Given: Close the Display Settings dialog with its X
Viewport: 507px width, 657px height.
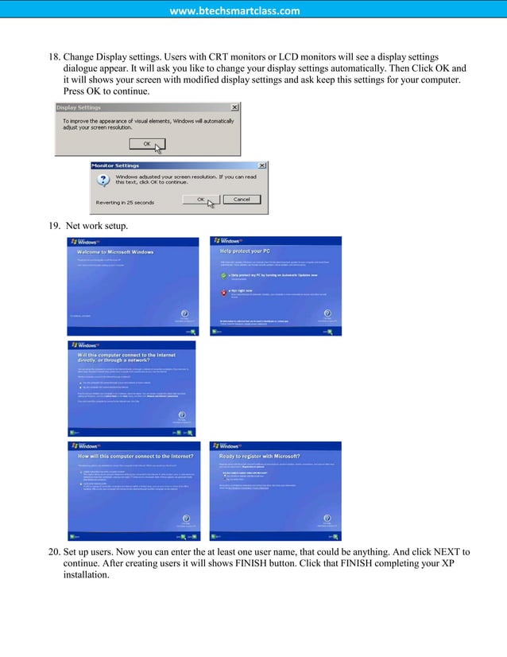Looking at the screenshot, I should click(x=234, y=107).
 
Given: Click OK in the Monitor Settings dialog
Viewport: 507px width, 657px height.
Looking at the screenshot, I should click(x=200, y=199).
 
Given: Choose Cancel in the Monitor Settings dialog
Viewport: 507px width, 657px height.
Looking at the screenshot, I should click(x=242, y=199).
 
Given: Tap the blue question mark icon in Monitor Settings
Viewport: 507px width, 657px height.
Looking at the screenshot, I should click(x=103, y=181).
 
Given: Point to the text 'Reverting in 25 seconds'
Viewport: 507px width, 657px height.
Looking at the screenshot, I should click(x=125, y=202).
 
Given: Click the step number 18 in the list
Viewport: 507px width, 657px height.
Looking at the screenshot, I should click(x=55, y=57).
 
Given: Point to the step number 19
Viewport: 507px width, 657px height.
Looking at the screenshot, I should click(x=55, y=226).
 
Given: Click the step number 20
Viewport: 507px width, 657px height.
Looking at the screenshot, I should click(x=55, y=552).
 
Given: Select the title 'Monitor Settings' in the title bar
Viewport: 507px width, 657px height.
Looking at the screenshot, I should click(x=115, y=165).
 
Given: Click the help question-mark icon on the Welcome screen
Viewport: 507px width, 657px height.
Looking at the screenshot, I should click(x=184, y=313).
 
